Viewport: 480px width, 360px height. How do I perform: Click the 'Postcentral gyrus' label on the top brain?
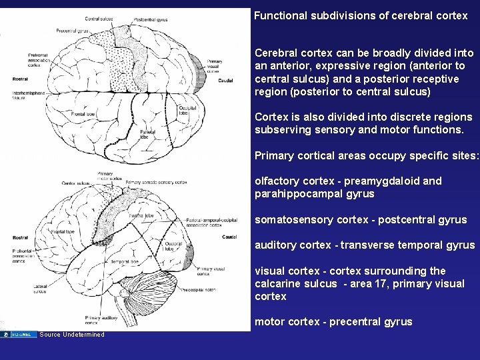tap(150, 21)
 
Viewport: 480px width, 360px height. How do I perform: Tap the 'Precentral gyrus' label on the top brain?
tap(73, 31)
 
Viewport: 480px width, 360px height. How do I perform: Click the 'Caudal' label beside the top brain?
tap(226, 81)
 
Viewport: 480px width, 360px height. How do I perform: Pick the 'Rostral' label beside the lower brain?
tap(21, 236)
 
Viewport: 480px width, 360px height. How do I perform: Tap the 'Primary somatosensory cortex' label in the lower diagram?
tap(156, 182)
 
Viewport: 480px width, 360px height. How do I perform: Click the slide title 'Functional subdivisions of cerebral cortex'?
tap(361, 15)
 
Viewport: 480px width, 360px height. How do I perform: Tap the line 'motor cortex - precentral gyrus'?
tap(333, 321)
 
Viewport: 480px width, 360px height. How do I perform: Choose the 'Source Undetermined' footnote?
tap(72, 335)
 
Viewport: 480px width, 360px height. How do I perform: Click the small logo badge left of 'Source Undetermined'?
tap(22, 334)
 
